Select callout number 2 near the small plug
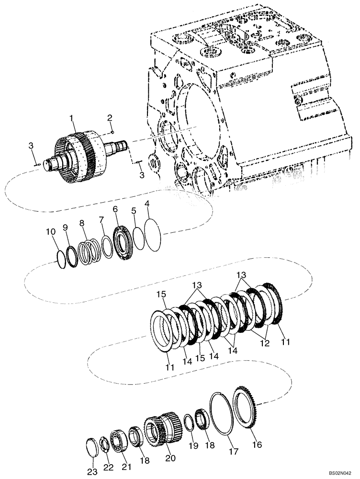tap(110, 118)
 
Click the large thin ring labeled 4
tap(154, 234)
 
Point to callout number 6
tap(115, 209)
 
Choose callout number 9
tap(66, 228)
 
